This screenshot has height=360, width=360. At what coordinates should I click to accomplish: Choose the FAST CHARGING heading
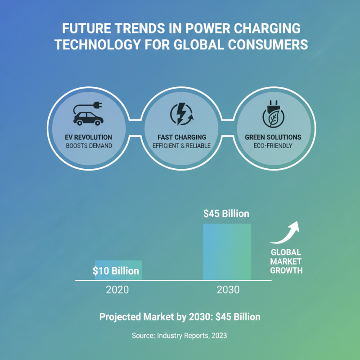coord(182,137)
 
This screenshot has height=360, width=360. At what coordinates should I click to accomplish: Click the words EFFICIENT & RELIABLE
coord(182,146)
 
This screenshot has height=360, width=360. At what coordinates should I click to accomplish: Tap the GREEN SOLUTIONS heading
coord(273,137)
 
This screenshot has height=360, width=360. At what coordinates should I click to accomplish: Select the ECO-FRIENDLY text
coord(273,146)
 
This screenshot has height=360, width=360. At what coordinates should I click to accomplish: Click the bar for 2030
coord(227,252)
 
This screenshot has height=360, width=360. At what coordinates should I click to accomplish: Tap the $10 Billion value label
coord(116,271)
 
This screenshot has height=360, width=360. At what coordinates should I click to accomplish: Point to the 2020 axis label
coord(117,290)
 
